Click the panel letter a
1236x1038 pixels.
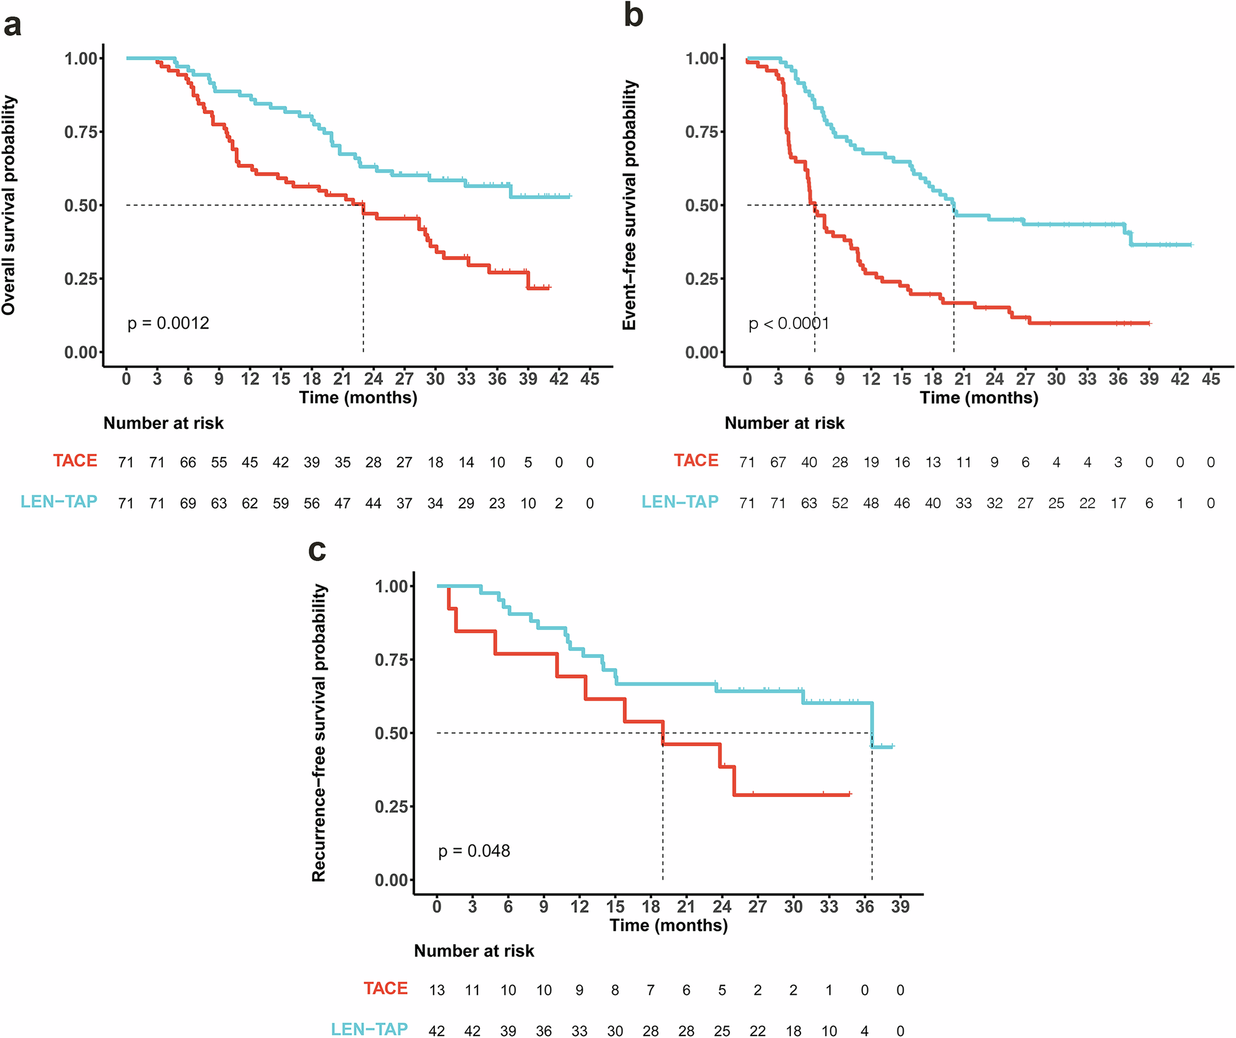pos(13,26)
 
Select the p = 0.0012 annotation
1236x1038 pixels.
pos(168,323)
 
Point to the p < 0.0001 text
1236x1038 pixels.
pos(789,324)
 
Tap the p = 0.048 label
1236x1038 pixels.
pos(474,851)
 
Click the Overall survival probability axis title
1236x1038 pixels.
pos(9,205)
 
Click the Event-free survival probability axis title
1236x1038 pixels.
pos(630,205)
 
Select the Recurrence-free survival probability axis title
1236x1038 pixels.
pos(319,733)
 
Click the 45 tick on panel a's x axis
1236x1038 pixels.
pos(590,379)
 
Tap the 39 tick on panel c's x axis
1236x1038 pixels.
pos(900,906)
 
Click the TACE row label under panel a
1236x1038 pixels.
pos(75,461)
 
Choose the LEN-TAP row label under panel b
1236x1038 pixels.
pos(680,502)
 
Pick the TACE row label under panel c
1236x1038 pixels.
pos(386,989)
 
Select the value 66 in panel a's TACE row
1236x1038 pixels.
pos(188,463)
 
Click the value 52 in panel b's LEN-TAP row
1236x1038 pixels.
pos(840,503)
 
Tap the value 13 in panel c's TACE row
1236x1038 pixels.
pos(437,990)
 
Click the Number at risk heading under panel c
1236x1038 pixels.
pos(474,951)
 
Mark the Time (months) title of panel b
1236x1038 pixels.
pos(979,398)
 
